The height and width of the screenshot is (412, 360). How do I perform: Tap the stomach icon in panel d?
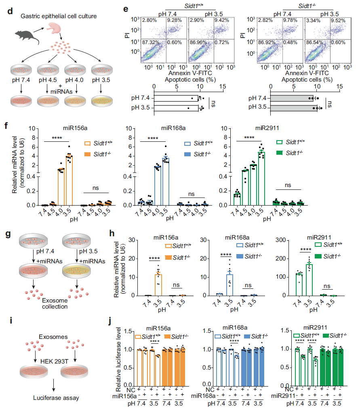tap(56, 28)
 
